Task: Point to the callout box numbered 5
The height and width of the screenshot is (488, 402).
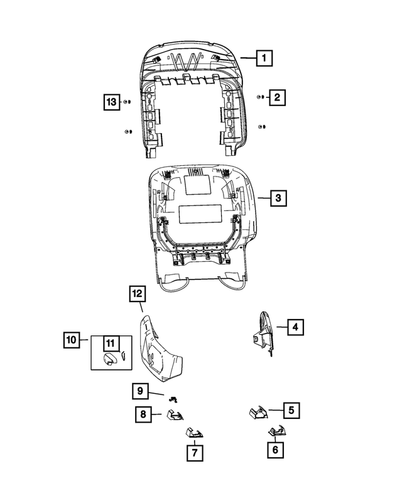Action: (291, 411)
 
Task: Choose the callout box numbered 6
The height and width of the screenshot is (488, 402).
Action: (274, 450)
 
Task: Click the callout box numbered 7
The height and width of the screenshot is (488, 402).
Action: (194, 452)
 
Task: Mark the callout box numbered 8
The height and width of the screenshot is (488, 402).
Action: (143, 415)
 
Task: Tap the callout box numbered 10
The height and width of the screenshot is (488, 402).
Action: (72, 340)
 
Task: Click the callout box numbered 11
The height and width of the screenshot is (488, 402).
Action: (111, 343)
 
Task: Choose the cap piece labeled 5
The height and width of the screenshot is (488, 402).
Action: (258, 412)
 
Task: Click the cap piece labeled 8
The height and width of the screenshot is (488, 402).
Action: (177, 415)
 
